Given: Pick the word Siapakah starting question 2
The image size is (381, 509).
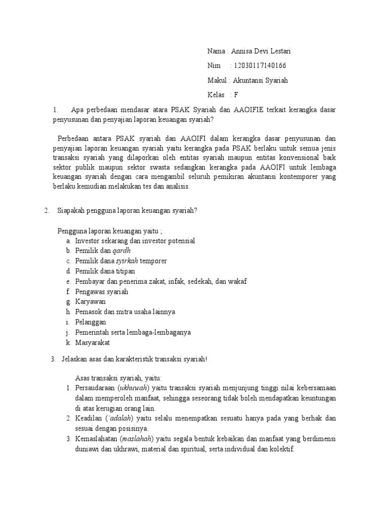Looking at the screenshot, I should (71, 210).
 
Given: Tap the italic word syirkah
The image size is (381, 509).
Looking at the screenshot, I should (127, 261).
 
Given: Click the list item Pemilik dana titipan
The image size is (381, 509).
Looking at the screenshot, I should (105, 271).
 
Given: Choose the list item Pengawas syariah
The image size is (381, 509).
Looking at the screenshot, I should (102, 292).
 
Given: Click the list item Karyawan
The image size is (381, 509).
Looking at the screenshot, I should (90, 302).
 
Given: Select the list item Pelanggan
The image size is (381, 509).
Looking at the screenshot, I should (91, 323).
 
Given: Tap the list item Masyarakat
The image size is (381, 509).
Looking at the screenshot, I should (93, 343).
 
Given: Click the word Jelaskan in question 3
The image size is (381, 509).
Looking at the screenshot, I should (74, 359).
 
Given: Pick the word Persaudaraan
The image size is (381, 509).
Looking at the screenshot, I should (95, 388).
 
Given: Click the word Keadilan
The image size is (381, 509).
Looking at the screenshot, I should (88, 419).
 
